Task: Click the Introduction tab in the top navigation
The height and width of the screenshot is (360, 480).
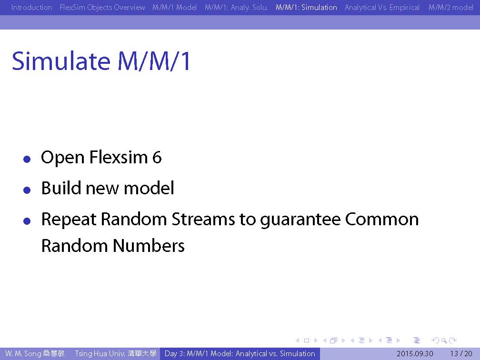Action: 31,7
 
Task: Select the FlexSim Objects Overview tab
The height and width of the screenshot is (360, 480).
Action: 102,7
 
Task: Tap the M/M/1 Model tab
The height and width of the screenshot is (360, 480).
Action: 174,7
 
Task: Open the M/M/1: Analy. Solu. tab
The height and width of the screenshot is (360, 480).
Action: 236,7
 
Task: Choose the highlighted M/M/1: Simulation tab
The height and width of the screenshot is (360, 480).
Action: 306,7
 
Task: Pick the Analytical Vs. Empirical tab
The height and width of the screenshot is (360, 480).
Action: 382,7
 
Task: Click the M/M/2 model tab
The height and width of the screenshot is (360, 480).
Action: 450,7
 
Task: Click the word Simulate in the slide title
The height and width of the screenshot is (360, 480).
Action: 61,61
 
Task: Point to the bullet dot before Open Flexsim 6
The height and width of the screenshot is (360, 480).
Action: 27,159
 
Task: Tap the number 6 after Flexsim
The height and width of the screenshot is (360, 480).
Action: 157,157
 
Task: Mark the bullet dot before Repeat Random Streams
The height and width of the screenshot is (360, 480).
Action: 27,221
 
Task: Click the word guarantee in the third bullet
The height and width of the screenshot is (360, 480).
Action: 300,220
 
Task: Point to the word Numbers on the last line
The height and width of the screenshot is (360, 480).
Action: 149,246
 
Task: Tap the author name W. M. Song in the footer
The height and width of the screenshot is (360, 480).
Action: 23,354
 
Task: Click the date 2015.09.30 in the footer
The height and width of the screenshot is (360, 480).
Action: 415,354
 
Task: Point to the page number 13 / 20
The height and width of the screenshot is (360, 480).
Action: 461,354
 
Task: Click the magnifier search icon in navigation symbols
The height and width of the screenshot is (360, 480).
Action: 444,340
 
